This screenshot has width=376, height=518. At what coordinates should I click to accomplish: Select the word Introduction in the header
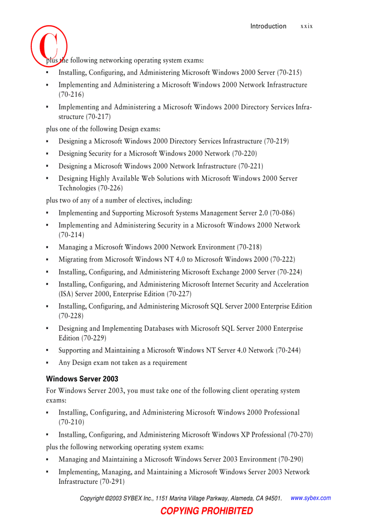tap(268, 26)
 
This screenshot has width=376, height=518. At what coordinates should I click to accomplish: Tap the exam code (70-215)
tap(289, 72)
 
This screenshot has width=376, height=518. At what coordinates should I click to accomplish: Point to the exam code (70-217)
tap(98, 117)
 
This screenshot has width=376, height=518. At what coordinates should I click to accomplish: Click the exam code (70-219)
tap(276, 141)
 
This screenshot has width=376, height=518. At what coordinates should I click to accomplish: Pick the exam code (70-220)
tap(245, 154)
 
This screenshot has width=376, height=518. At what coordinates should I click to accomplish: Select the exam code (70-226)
tap(110, 188)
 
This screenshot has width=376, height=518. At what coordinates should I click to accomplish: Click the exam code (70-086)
tap(282, 213)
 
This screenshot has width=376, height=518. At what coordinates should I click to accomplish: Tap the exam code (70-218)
tap(249, 247)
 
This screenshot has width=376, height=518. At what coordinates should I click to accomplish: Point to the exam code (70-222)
tap(283, 260)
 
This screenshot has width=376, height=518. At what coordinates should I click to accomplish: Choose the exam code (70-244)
tap(288, 351)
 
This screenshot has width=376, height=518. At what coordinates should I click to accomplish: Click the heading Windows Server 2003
tap(82, 379)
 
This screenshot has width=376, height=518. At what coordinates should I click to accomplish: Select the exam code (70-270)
tap(300, 435)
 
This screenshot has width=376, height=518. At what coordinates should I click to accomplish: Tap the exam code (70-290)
tap(291, 459)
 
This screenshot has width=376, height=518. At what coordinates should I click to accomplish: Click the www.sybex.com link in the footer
tap(311, 498)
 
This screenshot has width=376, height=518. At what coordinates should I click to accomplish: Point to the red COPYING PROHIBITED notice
tap(207, 511)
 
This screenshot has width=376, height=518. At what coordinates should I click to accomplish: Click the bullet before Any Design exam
tap(47, 363)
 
